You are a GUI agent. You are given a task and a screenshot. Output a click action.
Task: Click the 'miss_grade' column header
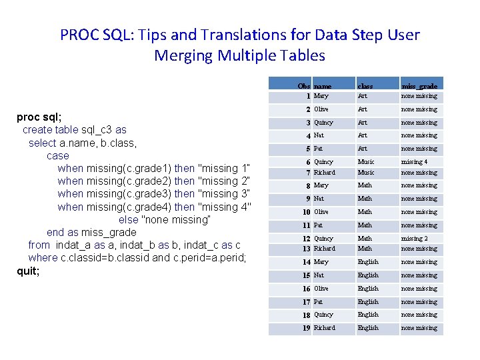pos(419,86)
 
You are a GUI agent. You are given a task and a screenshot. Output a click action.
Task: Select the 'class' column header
pos(365,86)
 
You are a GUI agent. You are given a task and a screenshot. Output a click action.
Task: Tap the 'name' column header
pos(323,86)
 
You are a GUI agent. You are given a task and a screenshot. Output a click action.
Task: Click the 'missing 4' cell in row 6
pos(414,162)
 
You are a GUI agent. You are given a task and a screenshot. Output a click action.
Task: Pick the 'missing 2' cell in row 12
pos(414,239)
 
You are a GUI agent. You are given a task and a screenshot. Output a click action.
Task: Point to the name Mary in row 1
pos(321,96)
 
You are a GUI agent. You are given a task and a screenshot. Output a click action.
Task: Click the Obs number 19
pos(305,328)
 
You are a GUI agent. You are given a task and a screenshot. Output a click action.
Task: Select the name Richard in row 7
pos(325,173)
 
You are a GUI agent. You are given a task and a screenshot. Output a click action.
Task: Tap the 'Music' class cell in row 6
pos(366,162)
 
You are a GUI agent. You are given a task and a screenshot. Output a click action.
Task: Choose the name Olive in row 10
pos(321,212)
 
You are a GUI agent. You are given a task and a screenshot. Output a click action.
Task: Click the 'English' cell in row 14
pos(368,262)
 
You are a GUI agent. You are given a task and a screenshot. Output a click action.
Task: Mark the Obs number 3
pos(308,123)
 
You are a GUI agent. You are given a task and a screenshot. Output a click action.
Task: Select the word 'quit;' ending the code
pos(28,271)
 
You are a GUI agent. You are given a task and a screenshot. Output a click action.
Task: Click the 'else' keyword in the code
pos(129,219)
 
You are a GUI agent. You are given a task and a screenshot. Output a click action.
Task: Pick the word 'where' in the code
pos(43,258)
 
